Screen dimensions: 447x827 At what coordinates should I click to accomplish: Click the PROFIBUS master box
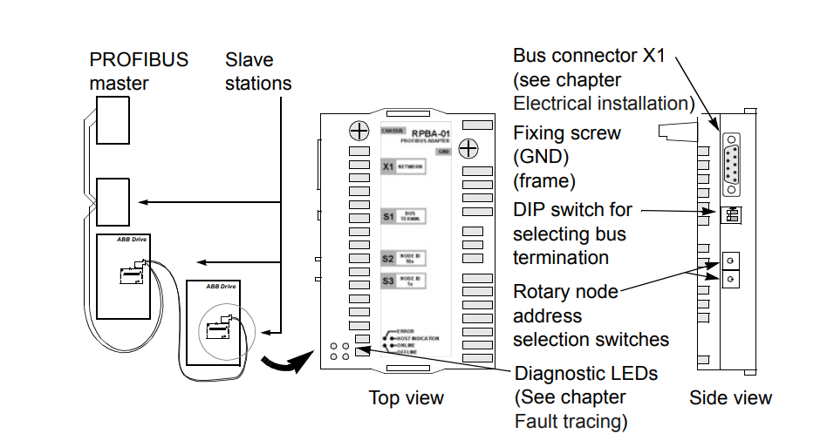113,120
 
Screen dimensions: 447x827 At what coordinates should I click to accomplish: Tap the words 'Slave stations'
258,71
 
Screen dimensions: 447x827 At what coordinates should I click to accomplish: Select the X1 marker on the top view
388,166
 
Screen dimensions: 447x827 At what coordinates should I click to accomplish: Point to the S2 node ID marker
388,258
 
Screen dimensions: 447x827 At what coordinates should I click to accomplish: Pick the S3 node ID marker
388,281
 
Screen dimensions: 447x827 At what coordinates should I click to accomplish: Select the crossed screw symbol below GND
468,148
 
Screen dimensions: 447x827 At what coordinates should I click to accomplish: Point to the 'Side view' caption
730,398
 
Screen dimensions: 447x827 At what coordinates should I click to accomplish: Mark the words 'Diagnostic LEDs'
586,374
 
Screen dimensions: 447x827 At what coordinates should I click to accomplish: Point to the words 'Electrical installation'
604,104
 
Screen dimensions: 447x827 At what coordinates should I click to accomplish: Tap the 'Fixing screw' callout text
567,134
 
